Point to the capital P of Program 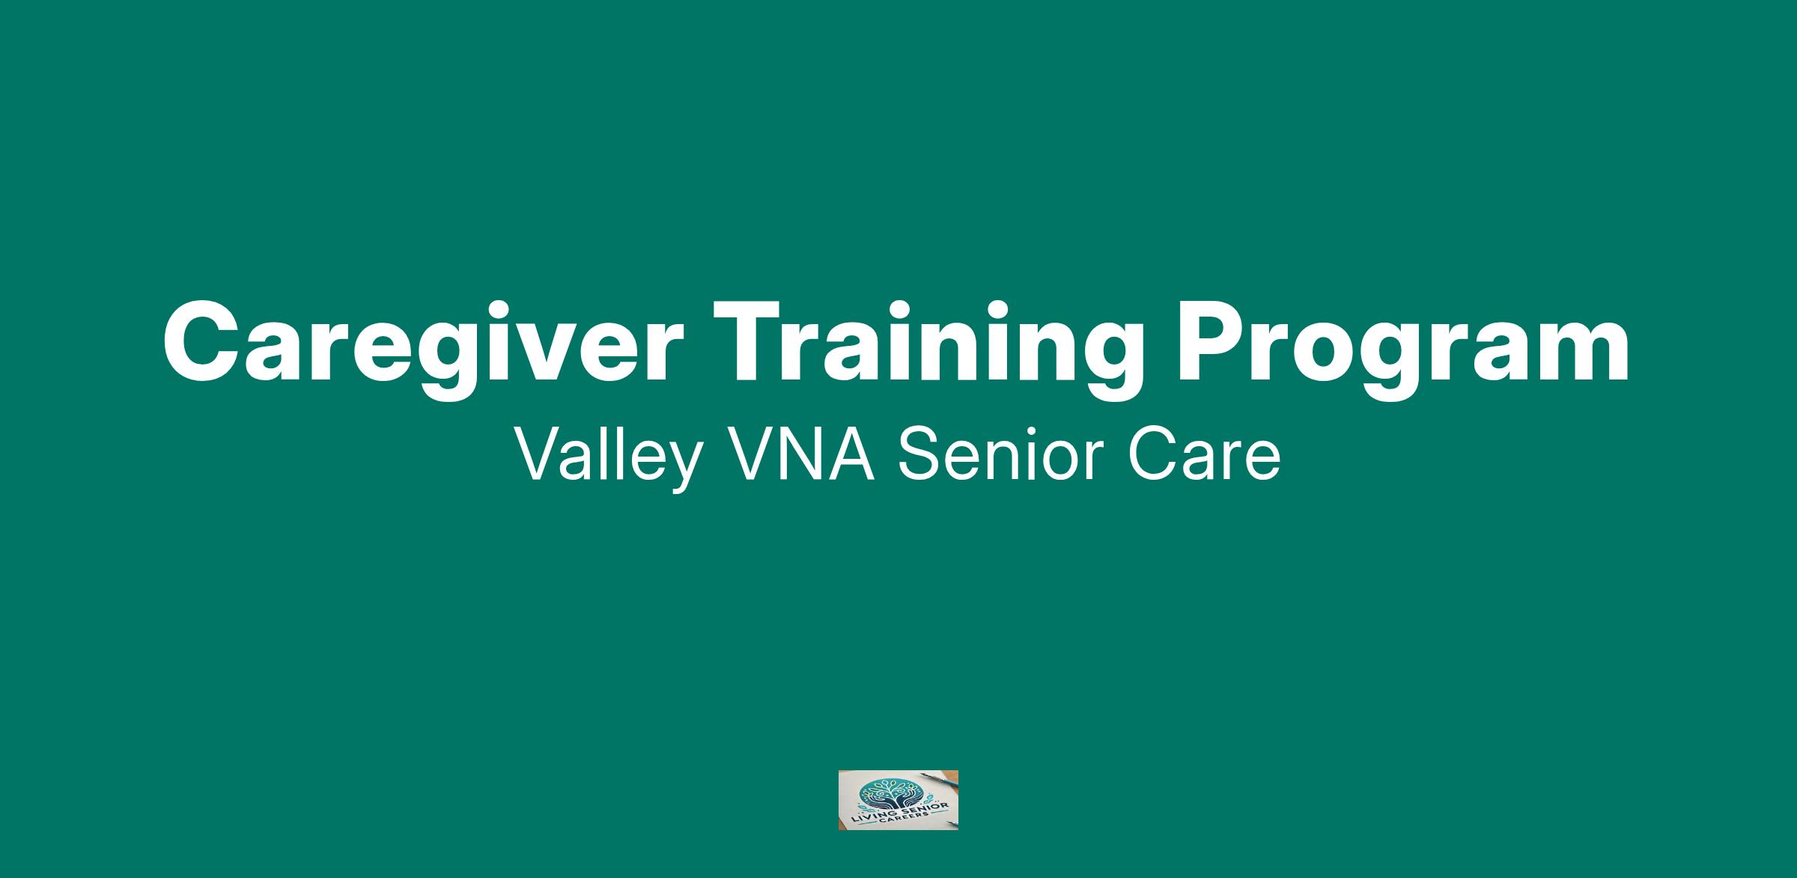click(x=1211, y=343)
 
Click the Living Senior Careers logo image click(x=898, y=800)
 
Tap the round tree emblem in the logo click(x=891, y=794)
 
